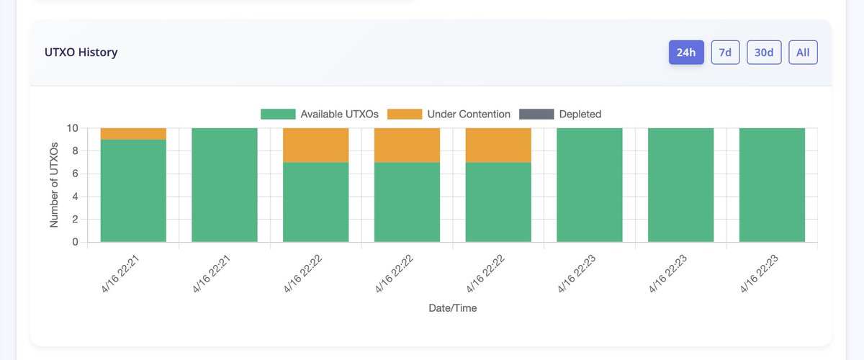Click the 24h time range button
(685, 53)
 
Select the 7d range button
(725, 53)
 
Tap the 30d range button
(764, 53)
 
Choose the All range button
(803, 53)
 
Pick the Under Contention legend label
(468, 114)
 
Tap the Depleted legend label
(580, 114)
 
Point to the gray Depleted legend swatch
(536, 114)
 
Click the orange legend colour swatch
(404, 114)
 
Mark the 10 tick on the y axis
(72, 128)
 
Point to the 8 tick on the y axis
(75, 151)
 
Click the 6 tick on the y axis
(75, 174)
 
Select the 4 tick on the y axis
(75, 197)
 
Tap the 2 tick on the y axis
(75, 220)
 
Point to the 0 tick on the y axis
(75, 243)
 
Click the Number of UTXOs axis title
(54, 185)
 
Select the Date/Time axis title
(452, 308)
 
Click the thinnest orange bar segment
(133, 134)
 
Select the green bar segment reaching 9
(133, 191)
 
